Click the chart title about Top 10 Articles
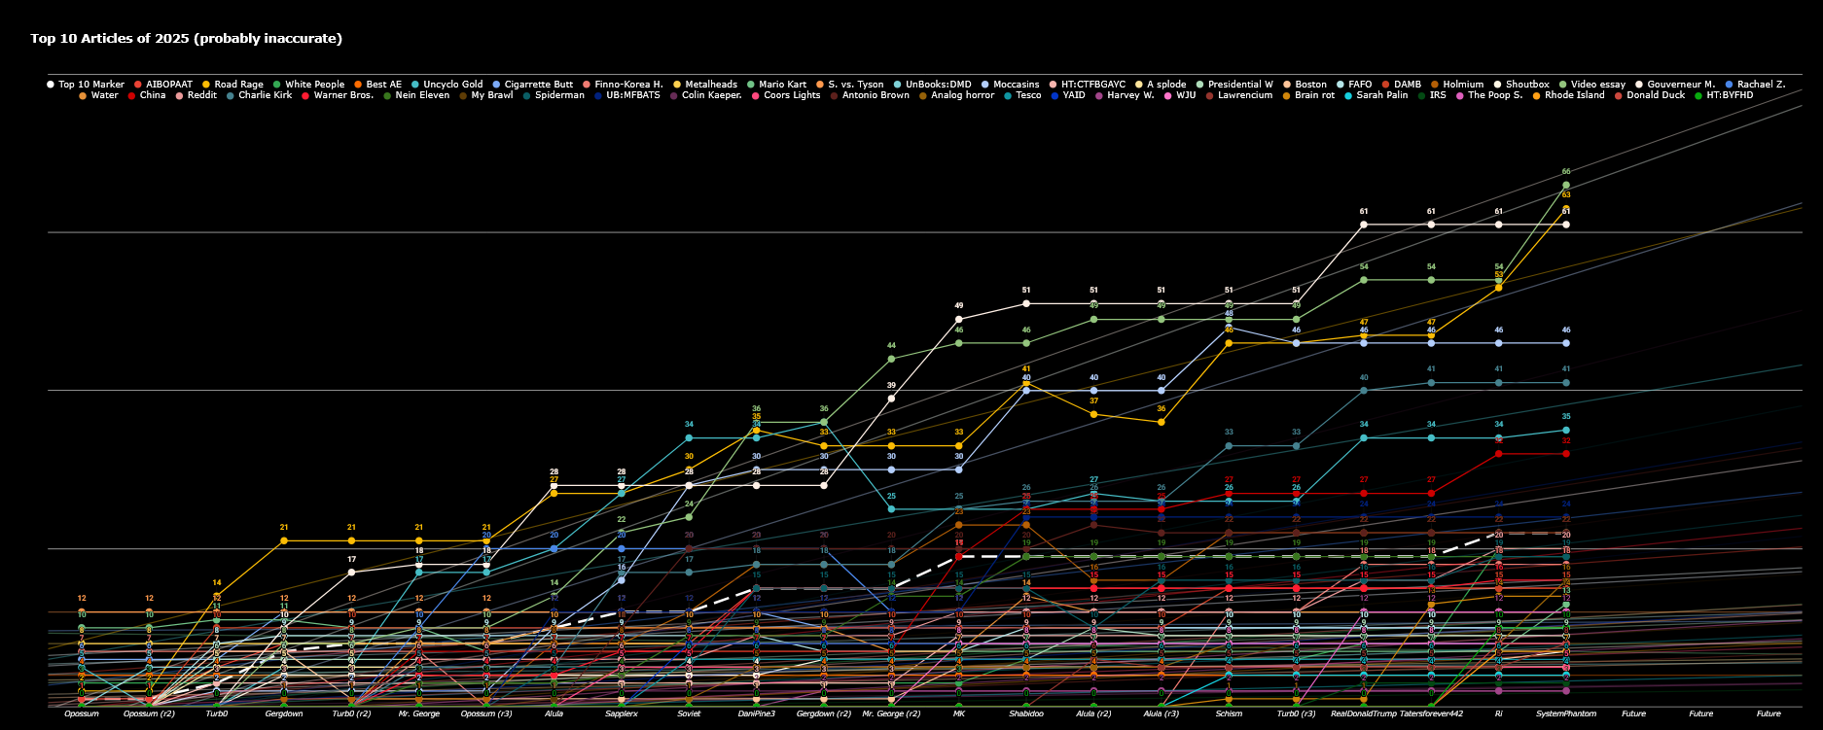(x=186, y=39)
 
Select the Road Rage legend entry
(x=238, y=85)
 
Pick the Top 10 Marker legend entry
(x=90, y=85)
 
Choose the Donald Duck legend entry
(x=1656, y=95)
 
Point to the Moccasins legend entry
(x=1016, y=85)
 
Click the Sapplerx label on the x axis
(x=622, y=713)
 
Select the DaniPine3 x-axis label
(x=756, y=713)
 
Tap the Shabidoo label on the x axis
(x=1026, y=713)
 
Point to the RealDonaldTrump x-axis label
(x=1363, y=713)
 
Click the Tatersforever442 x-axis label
(x=1431, y=713)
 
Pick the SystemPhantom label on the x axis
(x=1566, y=713)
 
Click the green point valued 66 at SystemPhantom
(x=1566, y=185)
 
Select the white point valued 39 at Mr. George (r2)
(x=891, y=399)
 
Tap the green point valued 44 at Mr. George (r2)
(x=891, y=359)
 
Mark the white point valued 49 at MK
(x=959, y=319)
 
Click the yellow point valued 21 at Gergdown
(x=284, y=540)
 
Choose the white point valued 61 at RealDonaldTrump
(x=1364, y=225)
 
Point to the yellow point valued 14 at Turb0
(x=217, y=596)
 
